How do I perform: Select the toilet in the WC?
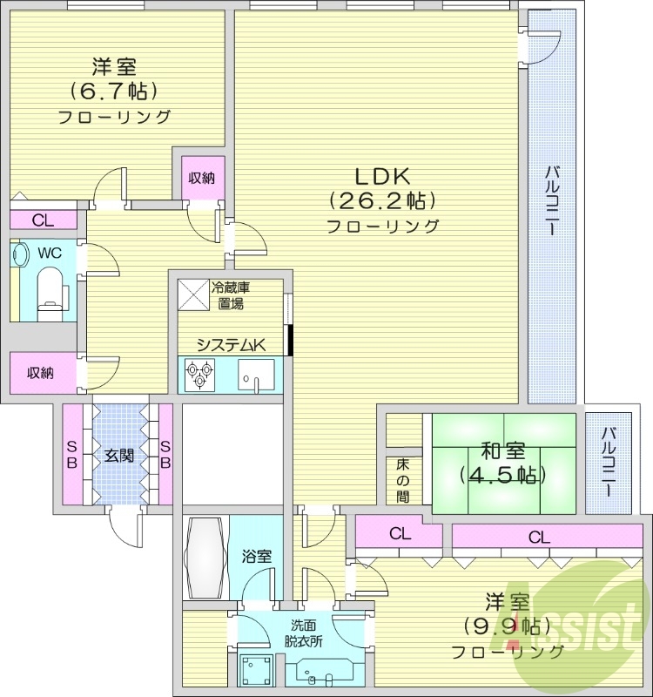(x=52, y=287)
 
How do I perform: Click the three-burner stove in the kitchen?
(x=199, y=376)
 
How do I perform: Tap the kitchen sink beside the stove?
(x=256, y=376)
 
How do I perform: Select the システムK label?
(x=230, y=345)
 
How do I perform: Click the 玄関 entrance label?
(x=119, y=454)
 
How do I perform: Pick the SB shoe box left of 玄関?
(x=71, y=454)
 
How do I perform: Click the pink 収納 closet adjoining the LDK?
(x=202, y=178)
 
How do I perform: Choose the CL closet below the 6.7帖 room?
(x=43, y=220)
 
